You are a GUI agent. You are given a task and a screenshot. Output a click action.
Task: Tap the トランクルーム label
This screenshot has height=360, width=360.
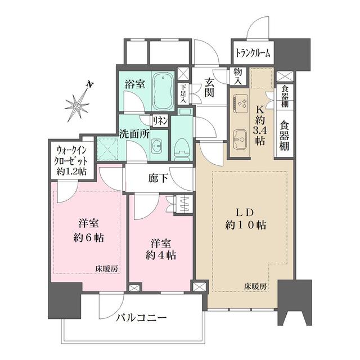click(x=252, y=53)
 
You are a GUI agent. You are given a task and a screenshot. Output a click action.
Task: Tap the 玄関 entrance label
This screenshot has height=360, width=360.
click(x=209, y=87)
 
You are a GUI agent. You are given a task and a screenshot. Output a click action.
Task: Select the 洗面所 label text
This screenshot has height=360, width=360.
click(x=133, y=135)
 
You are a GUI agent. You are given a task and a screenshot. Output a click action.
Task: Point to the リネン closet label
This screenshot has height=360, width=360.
click(x=160, y=120)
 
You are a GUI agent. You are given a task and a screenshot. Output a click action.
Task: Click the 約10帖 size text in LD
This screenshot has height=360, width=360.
click(x=246, y=224)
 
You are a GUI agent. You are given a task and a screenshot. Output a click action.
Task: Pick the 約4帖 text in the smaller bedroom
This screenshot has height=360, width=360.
click(x=161, y=255)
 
